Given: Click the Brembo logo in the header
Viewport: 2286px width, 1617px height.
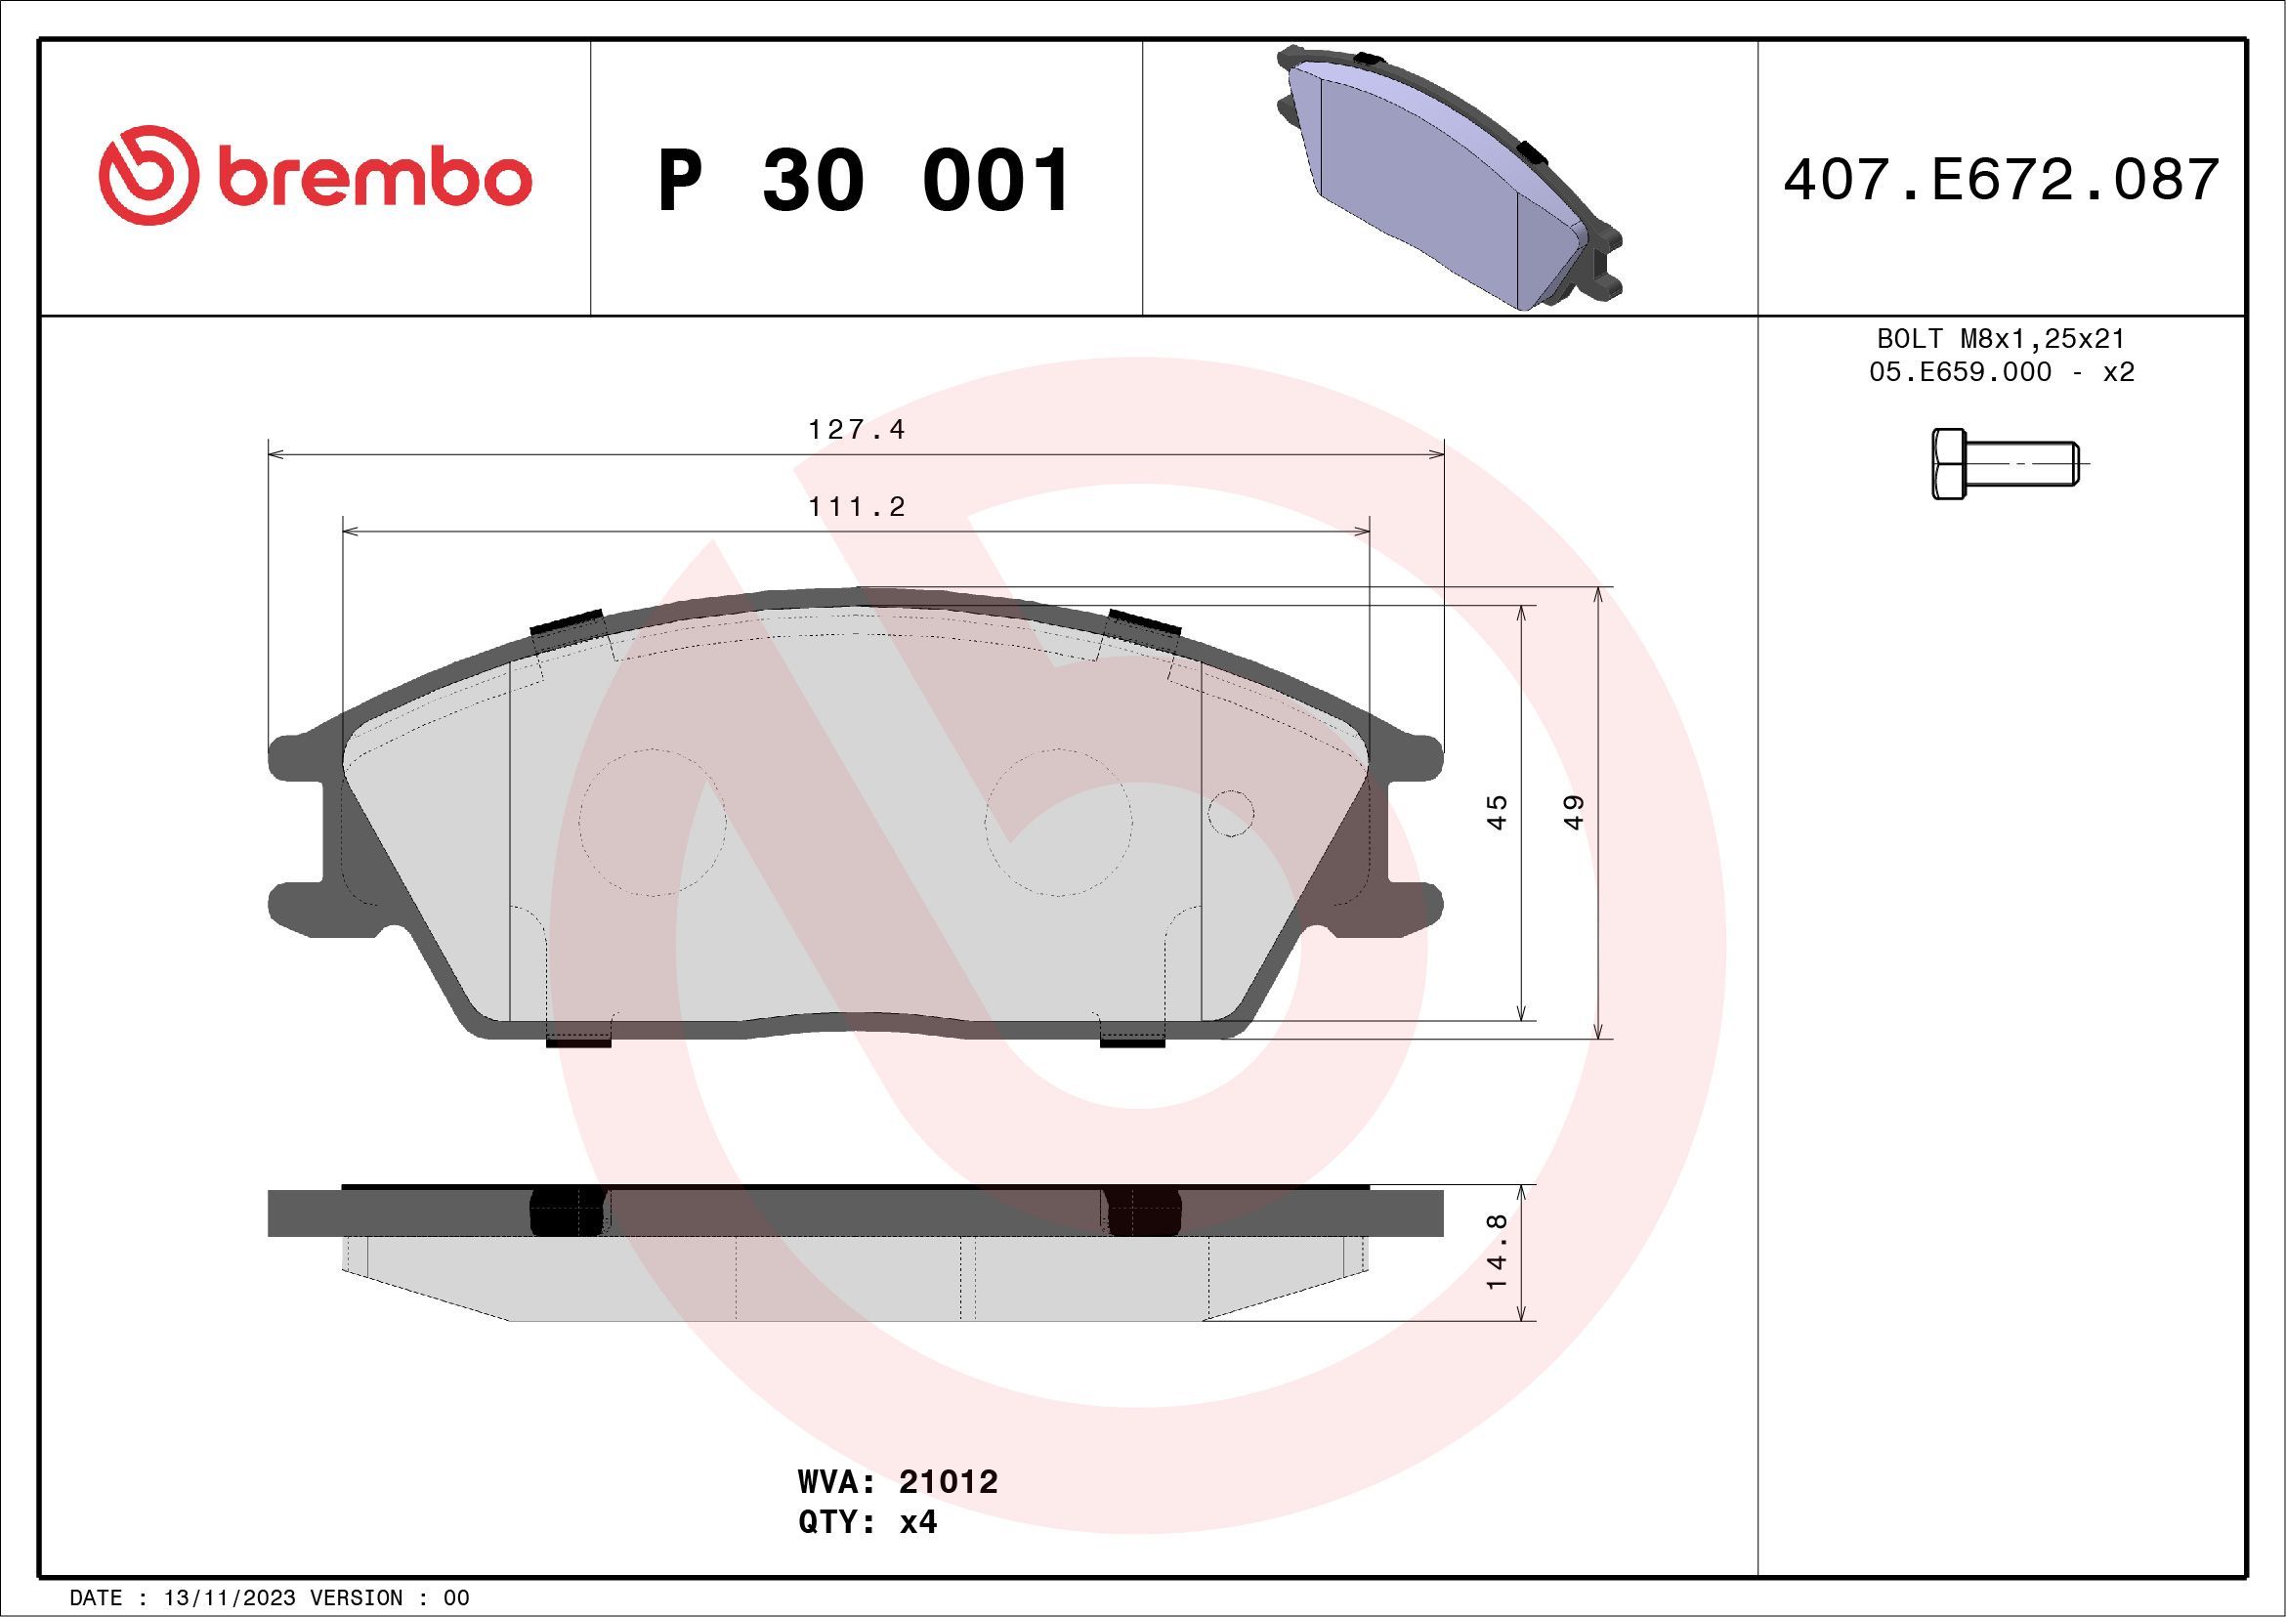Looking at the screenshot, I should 315,176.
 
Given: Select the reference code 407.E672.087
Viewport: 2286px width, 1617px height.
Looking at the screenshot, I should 2002,180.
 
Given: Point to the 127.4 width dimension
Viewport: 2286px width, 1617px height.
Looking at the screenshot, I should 856,430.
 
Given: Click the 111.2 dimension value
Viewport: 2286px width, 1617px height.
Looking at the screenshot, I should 856,507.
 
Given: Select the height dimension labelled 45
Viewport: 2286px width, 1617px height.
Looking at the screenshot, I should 1497,812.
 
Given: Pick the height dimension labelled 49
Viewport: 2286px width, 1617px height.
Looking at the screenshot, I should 1573,812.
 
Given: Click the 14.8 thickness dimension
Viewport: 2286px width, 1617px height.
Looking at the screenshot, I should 1497,1253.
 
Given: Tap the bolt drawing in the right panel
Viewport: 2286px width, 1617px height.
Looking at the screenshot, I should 2004,464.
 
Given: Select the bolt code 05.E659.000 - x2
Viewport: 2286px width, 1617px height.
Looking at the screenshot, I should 2002,372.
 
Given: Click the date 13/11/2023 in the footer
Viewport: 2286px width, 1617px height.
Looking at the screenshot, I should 229,1598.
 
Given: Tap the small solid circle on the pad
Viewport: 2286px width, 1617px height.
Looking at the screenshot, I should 1231,814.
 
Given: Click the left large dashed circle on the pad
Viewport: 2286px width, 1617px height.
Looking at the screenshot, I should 653,823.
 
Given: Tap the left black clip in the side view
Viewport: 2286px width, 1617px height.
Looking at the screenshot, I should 568,1213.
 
